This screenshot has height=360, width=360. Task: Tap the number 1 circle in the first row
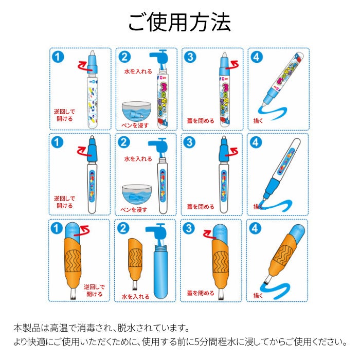[58, 57]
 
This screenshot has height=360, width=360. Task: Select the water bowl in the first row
[136, 112]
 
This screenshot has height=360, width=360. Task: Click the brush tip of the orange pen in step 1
[73, 294]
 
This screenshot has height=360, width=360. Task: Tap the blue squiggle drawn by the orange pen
[275, 290]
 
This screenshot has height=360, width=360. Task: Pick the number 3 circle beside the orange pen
[189, 228]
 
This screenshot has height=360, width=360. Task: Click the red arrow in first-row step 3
[232, 64]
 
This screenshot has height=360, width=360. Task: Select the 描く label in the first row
[258, 120]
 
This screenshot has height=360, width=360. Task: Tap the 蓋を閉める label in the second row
[201, 206]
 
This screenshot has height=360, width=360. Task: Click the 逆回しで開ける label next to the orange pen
[94, 290]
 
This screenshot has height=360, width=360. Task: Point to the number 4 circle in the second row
[256, 142]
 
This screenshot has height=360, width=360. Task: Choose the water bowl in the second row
[137, 195]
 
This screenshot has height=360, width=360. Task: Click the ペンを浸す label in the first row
[135, 125]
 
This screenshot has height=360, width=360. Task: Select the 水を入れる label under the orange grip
[135, 296]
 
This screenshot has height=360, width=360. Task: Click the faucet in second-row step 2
[158, 145]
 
